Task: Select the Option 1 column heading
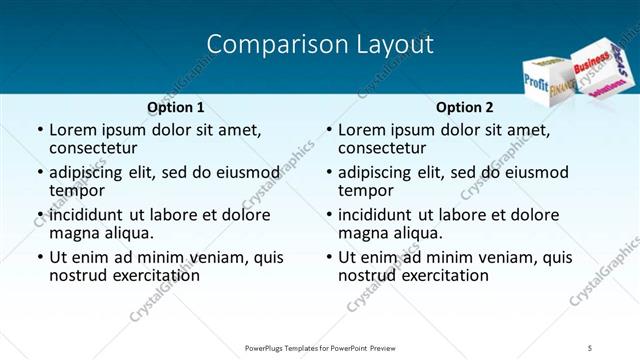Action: (175, 107)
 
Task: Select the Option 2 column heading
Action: (464, 107)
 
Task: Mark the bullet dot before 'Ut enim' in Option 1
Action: (39, 257)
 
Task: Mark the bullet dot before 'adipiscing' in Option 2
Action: (328, 172)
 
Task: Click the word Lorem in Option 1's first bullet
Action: (73, 130)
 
